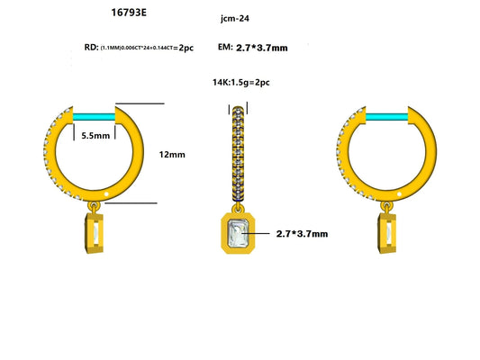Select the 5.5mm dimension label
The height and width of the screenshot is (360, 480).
(96, 136)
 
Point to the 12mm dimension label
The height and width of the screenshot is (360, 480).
(171, 154)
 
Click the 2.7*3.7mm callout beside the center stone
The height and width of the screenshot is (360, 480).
(302, 233)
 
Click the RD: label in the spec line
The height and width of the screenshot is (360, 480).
(91, 47)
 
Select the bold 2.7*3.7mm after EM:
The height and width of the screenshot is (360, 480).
(261, 47)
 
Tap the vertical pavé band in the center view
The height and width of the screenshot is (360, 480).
(239, 153)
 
